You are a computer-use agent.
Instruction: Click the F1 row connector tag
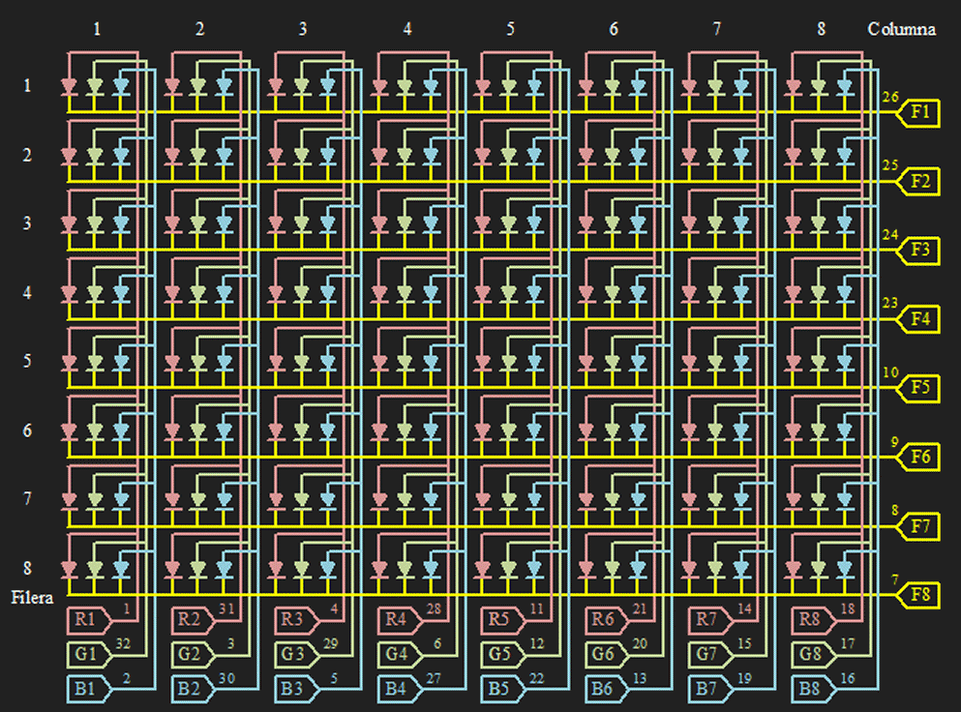point(919,113)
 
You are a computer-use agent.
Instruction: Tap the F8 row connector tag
point(919,594)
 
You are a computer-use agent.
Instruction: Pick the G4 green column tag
point(397,655)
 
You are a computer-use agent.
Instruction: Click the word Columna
point(901,29)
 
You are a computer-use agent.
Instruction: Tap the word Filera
point(32,597)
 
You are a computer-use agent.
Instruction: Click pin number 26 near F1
point(890,97)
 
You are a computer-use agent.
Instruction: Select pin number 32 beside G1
point(123,642)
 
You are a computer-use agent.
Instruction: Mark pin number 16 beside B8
point(848,678)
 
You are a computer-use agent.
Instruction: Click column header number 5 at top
point(510,29)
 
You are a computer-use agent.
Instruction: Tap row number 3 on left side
point(27,223)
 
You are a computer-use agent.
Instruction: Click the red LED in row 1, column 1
point(69,86)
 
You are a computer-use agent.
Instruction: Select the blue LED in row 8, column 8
point(845,568)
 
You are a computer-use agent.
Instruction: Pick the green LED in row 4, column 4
point(405,293)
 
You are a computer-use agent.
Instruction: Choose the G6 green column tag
point(604,655)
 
